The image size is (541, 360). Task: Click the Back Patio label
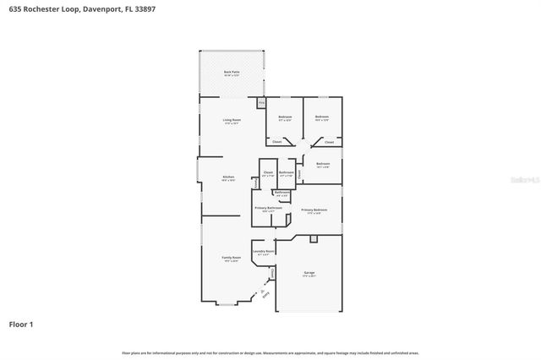click(x=231, y=74)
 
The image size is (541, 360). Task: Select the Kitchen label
click(x=227, y=177)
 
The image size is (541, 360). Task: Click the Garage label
click(x=309, y=273)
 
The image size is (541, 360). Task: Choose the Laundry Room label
click(x=263, y=251)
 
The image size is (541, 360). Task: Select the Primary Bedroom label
click(x=314, y=210)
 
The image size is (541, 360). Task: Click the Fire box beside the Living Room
click(x=261, y=103)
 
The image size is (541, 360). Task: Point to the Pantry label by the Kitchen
click(x=254, y=183)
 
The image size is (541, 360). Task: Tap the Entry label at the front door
click(x=265, y=294)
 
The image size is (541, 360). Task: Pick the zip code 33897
click(x=145, y=8)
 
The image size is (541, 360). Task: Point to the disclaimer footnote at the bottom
click(x=270, y=352)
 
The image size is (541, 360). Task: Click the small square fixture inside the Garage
click(x=314, y=239)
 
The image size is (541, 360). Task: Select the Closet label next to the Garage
click(x=272, y=272)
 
